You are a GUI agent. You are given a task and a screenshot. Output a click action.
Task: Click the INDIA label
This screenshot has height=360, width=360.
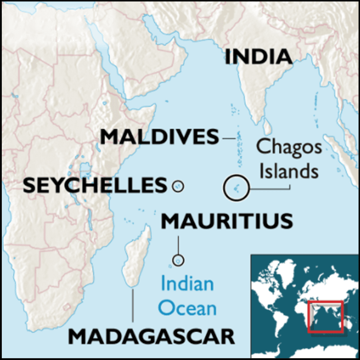click(x=258, y=57)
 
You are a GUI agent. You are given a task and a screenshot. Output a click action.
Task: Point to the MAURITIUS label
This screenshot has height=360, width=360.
click(x=227, y=221)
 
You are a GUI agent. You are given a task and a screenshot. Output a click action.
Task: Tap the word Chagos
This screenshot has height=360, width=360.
click(x=289, y=147)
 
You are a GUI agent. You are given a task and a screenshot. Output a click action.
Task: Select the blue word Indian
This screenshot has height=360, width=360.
click(x=187, y=284)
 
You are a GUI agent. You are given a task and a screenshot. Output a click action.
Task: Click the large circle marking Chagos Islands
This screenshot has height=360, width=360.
click(x=236, y=188)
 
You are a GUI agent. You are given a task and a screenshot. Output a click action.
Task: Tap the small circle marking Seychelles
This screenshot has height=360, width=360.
click(x=178, y=187)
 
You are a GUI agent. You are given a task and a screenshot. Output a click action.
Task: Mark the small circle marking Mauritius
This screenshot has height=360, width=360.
click(x=178, y=260)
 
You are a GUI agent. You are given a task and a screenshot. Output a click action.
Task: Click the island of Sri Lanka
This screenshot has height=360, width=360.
click(x=268, y=128)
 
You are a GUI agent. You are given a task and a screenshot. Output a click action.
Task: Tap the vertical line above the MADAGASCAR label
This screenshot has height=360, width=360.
click(x=132, y=305)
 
